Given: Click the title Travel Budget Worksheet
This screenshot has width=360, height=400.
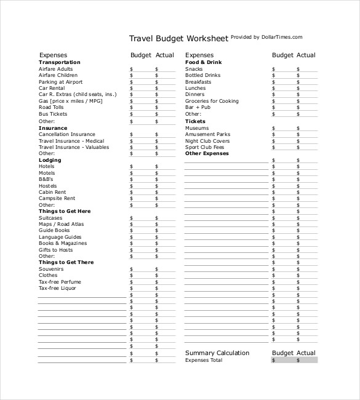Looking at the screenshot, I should (x=178, y=38).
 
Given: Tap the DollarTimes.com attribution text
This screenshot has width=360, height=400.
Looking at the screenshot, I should (x=266, y=37).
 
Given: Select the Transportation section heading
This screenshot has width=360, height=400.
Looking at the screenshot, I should (x=59, y=62).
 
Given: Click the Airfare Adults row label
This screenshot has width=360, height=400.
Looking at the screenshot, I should (x=56, y=69).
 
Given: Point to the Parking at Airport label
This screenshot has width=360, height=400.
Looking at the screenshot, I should (x=60, y=82).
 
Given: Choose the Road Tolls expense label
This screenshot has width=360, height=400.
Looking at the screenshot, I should (x=51, y=107).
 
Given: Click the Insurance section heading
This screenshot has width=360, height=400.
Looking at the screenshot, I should (x=53, y=128).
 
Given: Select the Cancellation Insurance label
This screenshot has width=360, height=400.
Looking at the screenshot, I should (x=66, y=134).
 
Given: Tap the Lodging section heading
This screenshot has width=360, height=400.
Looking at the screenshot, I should (x=50, y=160).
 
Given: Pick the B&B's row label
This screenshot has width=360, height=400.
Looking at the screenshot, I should (x=47, y=179).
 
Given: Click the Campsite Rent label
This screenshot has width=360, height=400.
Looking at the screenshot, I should (x=57, y=198).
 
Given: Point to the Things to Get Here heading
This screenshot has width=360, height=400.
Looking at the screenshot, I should (x=65, y=211).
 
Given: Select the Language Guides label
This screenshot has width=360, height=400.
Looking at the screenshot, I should (x=60, y=237).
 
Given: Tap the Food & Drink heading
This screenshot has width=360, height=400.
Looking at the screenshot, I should (x=203, y=62).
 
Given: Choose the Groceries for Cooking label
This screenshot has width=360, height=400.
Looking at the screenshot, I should (x=212, y=101).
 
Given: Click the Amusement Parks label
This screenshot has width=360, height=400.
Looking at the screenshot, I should (x=207, y=134).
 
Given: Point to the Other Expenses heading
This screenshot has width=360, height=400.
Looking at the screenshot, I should (x=207, y=153).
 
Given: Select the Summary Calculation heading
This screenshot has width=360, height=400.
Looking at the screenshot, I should (x=217, y=353).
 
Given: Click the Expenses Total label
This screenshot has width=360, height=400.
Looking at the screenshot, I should (x=204, y=360).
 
